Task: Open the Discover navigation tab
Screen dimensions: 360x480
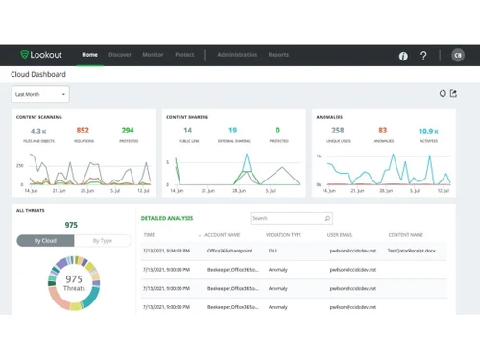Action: click(x=120, y=55)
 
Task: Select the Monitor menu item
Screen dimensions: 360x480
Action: click(x=152, y=55)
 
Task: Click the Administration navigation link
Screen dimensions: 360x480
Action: click(x=235, y=55)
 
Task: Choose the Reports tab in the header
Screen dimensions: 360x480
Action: click(x=278, y=55)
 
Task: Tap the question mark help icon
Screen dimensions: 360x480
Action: click(x=423, y=56)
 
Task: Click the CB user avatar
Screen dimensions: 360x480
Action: click(x=458, y=56)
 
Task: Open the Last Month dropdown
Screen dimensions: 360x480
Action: click(x=40, y=94)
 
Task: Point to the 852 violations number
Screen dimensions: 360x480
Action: click(x=83, y=131)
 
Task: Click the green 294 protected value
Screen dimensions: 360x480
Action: click(x=128, y=131)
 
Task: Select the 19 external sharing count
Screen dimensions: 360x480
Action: click(x=232, y=131)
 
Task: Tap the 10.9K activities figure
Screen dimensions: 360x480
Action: click(x=427, y=131)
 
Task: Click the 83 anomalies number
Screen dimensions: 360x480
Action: click(x=382, y=131)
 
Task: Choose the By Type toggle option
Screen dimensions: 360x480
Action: click(x=102, y=241)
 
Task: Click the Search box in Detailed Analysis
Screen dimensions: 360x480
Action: click(x=290, y=218)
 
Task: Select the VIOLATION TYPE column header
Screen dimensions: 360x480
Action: click(x=283, y=234)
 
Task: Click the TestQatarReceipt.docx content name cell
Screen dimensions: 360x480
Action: click(x=412, y=249)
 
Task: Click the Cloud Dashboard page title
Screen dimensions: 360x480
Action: click(x=38, y=74)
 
